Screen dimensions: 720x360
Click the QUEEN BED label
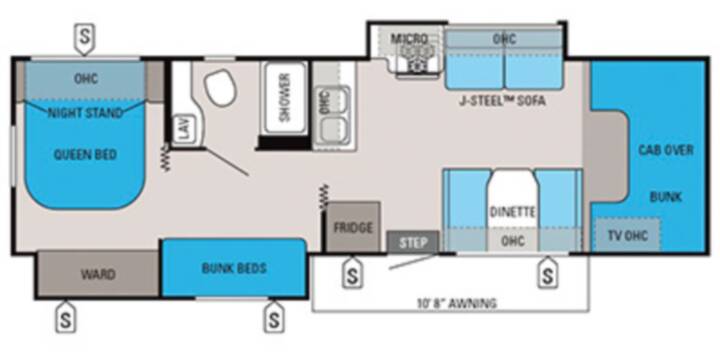[85, 155]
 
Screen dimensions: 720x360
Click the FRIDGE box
[353, 227]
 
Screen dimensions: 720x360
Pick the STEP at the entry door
[412, 242]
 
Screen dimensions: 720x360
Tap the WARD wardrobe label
[98, 275]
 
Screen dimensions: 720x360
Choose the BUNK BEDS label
[234, 268]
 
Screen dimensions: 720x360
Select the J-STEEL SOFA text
[502, 101]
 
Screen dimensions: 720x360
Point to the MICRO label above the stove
[409, 39]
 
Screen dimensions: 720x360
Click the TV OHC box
[628, 235]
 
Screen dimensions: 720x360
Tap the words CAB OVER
[666, 150]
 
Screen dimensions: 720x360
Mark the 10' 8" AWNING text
[456, 303]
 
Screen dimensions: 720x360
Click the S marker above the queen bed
[84, 39]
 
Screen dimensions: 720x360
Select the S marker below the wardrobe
[66, 317]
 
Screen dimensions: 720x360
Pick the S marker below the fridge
[352, 273]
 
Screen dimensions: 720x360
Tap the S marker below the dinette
[548, 273]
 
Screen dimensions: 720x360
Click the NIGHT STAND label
[85, 113]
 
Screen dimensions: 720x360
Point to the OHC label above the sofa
[504, 39]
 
